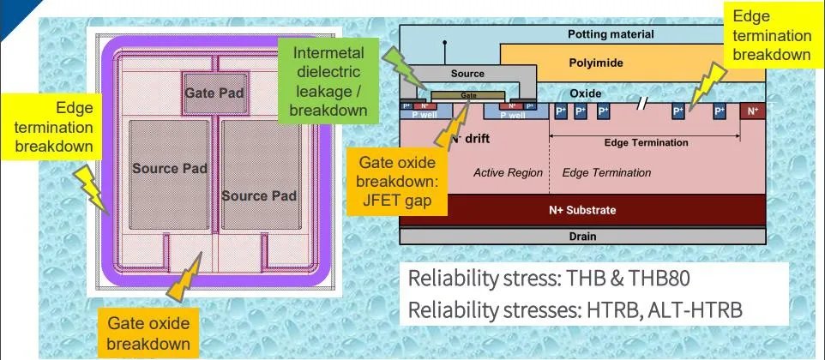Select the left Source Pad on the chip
click(x=170, y=169)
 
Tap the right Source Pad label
click(x=259, y=196)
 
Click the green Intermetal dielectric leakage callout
click(x=328, y=81)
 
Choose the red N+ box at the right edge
click(x=753, y=111)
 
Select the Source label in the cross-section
click(x=467, y=75)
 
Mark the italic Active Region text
click(x=508, y=173)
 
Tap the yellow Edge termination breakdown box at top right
click(x=769, y=35)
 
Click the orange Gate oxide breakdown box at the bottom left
click(x=148, y=333)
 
